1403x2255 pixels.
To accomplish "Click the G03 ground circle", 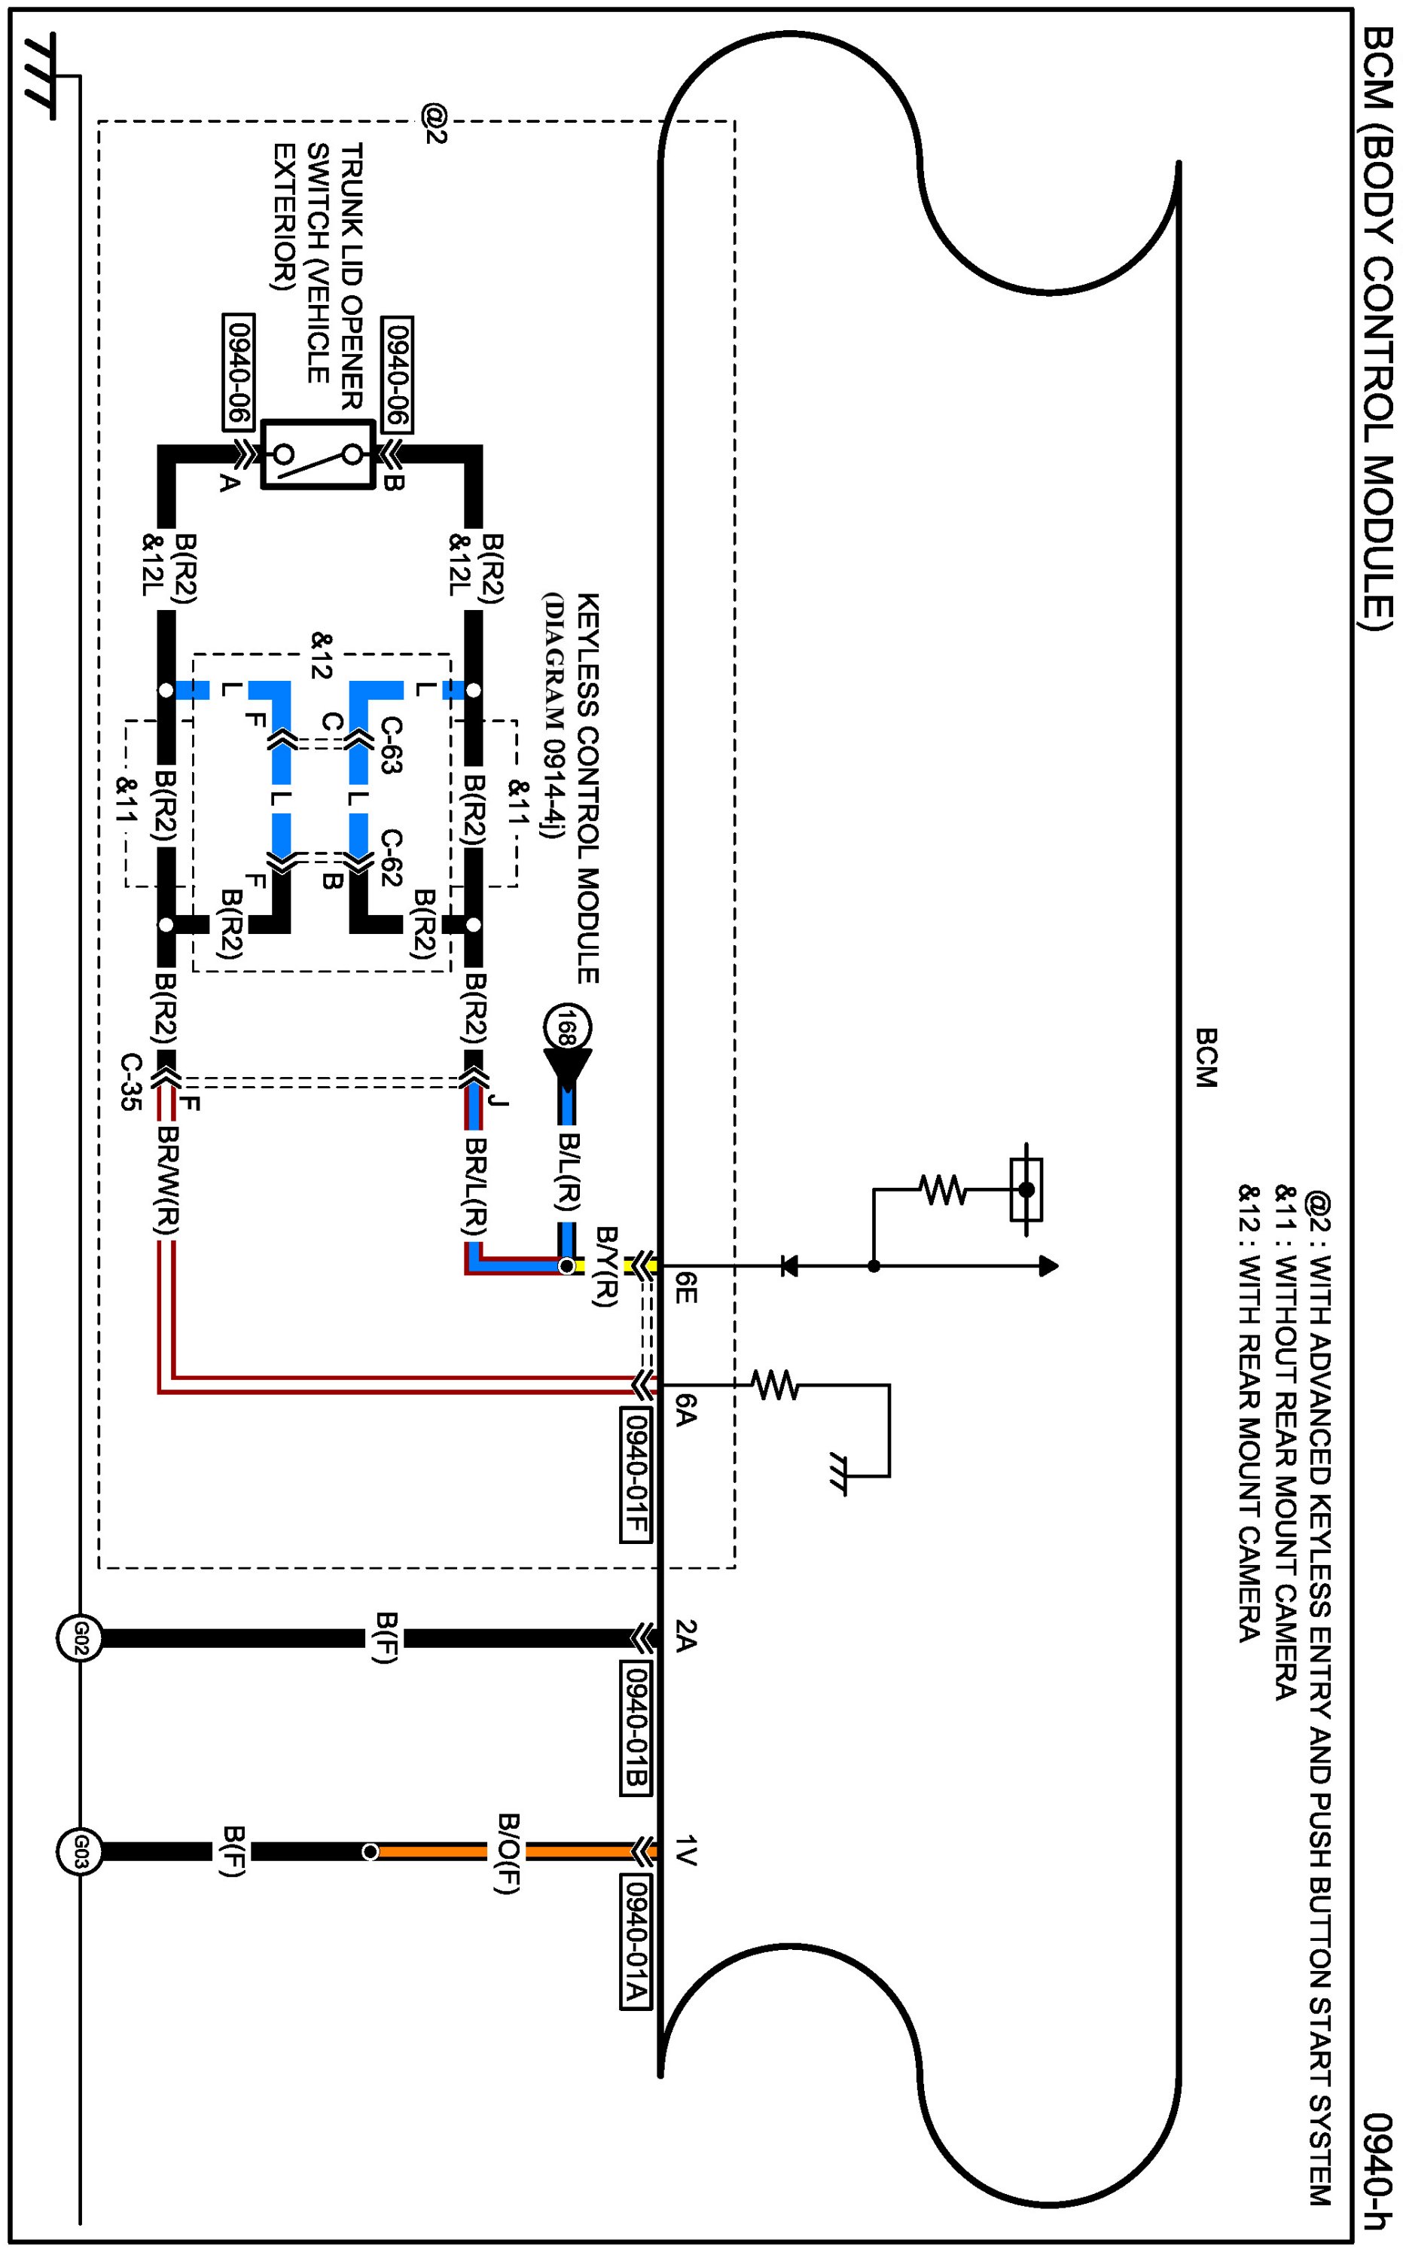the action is coord(79,1851).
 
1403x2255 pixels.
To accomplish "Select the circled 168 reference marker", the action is coord(568,1028).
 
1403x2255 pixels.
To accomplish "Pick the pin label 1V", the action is coord(685,1850).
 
